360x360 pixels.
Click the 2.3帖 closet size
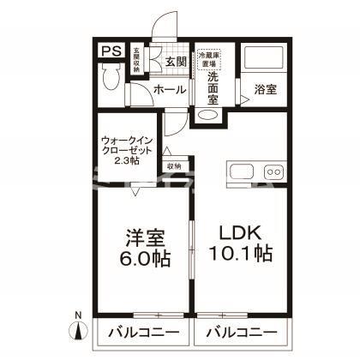(127, 159)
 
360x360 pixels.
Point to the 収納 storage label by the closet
(174, 166)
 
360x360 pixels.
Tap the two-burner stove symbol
(274, 170)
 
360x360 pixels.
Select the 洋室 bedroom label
(143, 236)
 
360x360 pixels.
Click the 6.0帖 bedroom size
(143, 256)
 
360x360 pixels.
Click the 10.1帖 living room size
(241, 255)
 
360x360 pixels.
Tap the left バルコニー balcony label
(143, 331)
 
